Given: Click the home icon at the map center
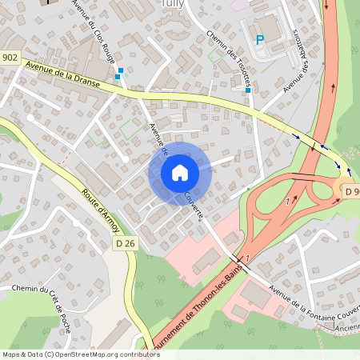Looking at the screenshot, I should (x=179, y=172).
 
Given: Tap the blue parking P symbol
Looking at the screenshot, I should (x=258, y=39).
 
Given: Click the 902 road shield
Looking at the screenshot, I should (x=10, y=57).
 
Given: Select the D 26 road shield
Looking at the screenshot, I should (x=123, y=242).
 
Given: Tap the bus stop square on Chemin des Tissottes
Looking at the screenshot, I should (x=248, y=90).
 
